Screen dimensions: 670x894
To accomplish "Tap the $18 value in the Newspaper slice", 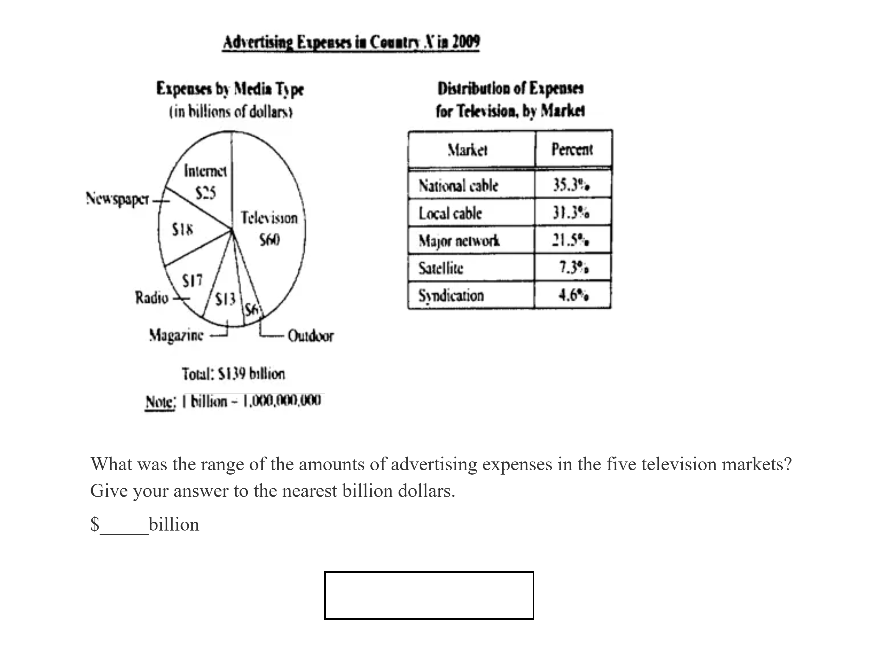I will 183,230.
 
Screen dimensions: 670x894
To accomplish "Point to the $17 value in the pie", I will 192,280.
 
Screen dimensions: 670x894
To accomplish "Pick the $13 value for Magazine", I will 225,299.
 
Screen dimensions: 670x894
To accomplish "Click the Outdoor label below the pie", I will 310,336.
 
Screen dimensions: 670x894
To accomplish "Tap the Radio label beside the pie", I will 152,298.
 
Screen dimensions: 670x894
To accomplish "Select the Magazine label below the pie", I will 176,335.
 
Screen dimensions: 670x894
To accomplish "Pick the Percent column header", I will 572,150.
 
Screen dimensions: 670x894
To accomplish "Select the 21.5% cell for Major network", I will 571,240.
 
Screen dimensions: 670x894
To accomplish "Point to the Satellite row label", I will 441,268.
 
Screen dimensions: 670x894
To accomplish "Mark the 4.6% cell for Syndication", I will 573,295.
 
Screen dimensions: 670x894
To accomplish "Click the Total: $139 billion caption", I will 233,374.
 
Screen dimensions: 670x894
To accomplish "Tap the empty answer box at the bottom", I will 429,595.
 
